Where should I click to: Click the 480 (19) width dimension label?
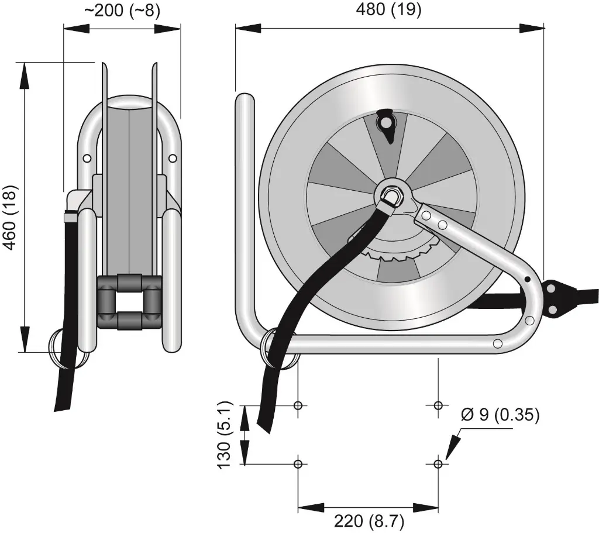click(389, 10)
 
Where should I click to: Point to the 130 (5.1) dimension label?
click(225, 434)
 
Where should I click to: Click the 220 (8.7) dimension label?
click(369, 520)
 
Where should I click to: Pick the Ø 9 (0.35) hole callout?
click(500, 415)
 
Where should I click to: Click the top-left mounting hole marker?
click(298, 405)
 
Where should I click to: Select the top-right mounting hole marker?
click(438, 405)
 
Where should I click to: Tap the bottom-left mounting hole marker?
click(298, 463)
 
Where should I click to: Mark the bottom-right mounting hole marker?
click(438, 463)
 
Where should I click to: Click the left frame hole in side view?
click(87, 158)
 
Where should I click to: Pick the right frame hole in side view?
click(172, 158)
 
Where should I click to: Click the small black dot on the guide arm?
click(527, 279)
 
